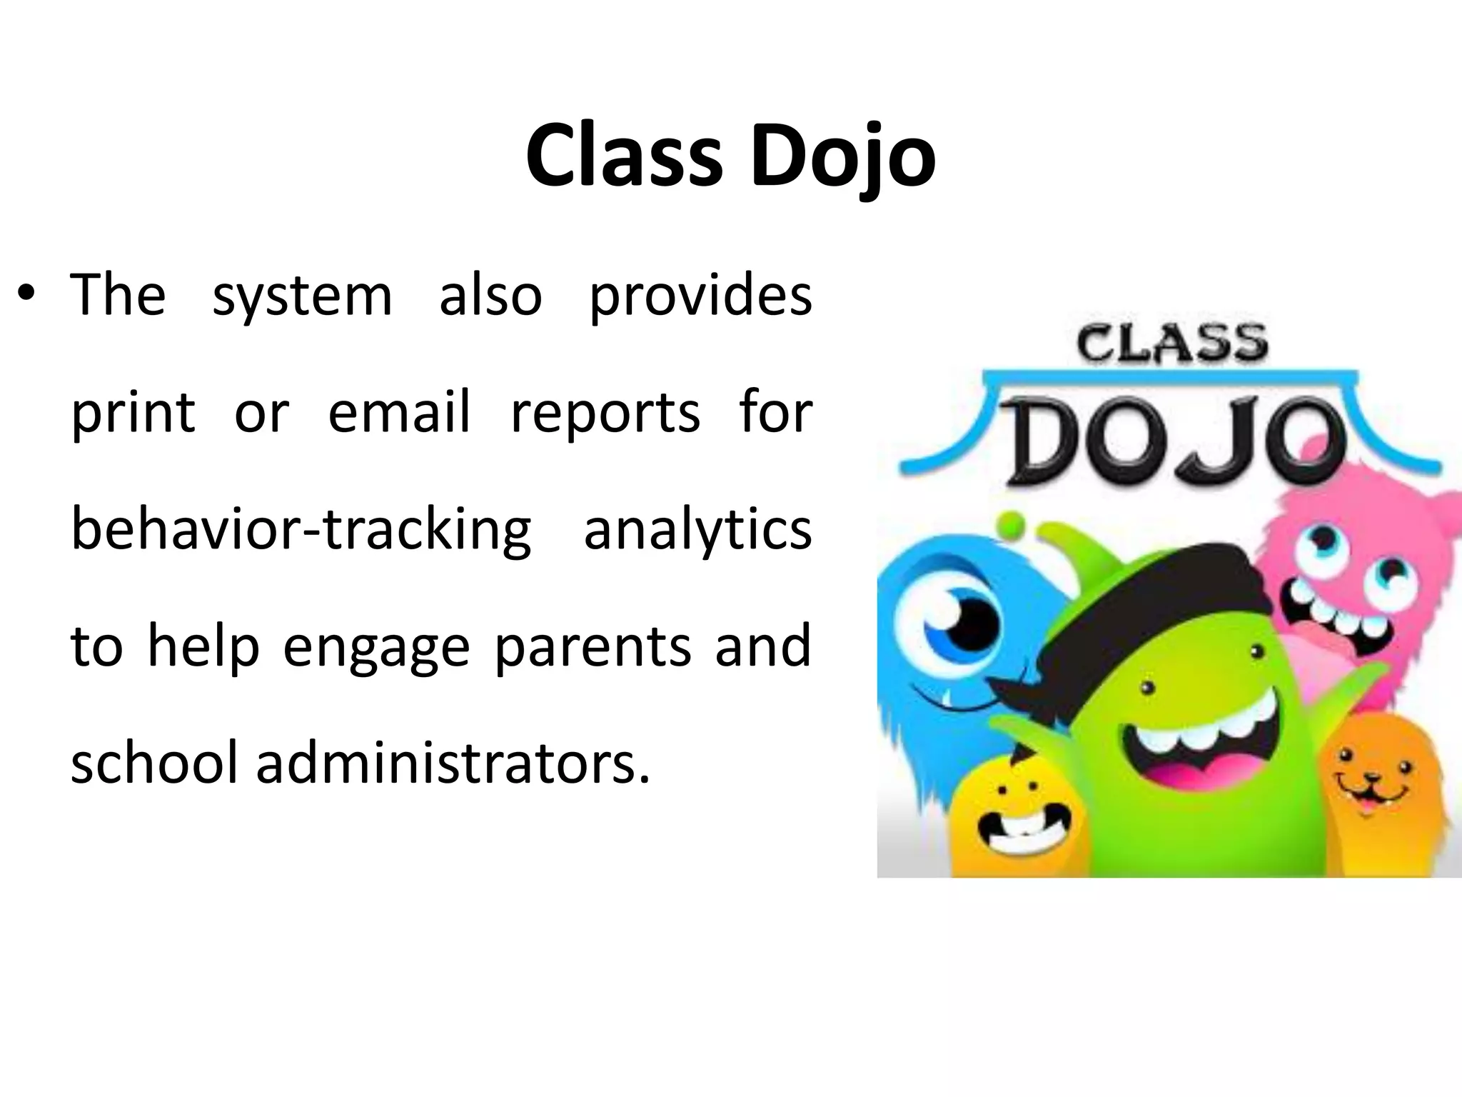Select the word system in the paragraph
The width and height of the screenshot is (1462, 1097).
(302, 295)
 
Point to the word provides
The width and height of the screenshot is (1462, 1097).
(700, 295)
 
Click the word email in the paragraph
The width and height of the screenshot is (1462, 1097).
(399, 412)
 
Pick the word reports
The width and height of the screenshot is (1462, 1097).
(605, 412)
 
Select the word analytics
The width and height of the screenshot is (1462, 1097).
(697, 529)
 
